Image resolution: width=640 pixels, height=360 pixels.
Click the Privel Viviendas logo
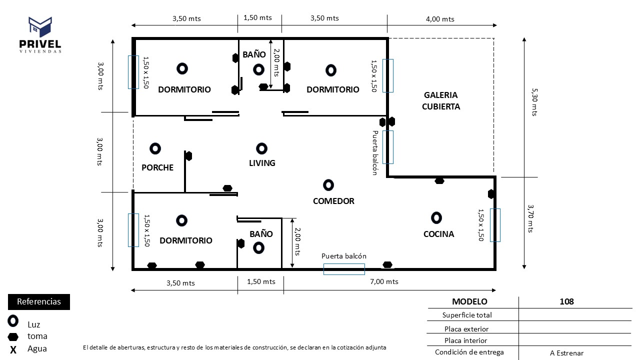click(40, 35)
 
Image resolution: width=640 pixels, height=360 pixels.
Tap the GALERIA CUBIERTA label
click(440, 100)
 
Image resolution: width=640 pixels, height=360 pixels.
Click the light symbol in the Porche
click(155, 148)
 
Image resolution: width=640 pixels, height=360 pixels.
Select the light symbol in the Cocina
click(436, 217)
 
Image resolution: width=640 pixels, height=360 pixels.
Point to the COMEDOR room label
click(333, 201)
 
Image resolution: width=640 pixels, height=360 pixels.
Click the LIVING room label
click(262, 163)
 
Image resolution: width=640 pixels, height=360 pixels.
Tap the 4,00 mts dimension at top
click(440, 19)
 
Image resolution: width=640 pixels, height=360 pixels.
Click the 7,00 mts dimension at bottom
click(384, 281)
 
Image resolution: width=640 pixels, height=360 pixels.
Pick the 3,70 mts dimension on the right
click(531, 218)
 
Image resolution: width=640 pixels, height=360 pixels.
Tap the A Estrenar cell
click(566, 353)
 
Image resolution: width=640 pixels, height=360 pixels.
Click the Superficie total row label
click(467, 315)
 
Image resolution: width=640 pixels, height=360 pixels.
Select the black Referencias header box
click(39, 302)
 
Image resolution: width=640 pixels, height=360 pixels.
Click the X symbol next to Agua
click(13, 349)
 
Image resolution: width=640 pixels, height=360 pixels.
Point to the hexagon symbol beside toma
click(13, 336)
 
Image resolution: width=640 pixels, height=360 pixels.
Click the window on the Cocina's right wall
click(495, 225)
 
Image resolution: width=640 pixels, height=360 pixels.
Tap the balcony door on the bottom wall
click(344, 269)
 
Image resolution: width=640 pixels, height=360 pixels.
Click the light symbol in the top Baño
click(258, 69)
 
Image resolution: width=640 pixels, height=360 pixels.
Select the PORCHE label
click(157, 167)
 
